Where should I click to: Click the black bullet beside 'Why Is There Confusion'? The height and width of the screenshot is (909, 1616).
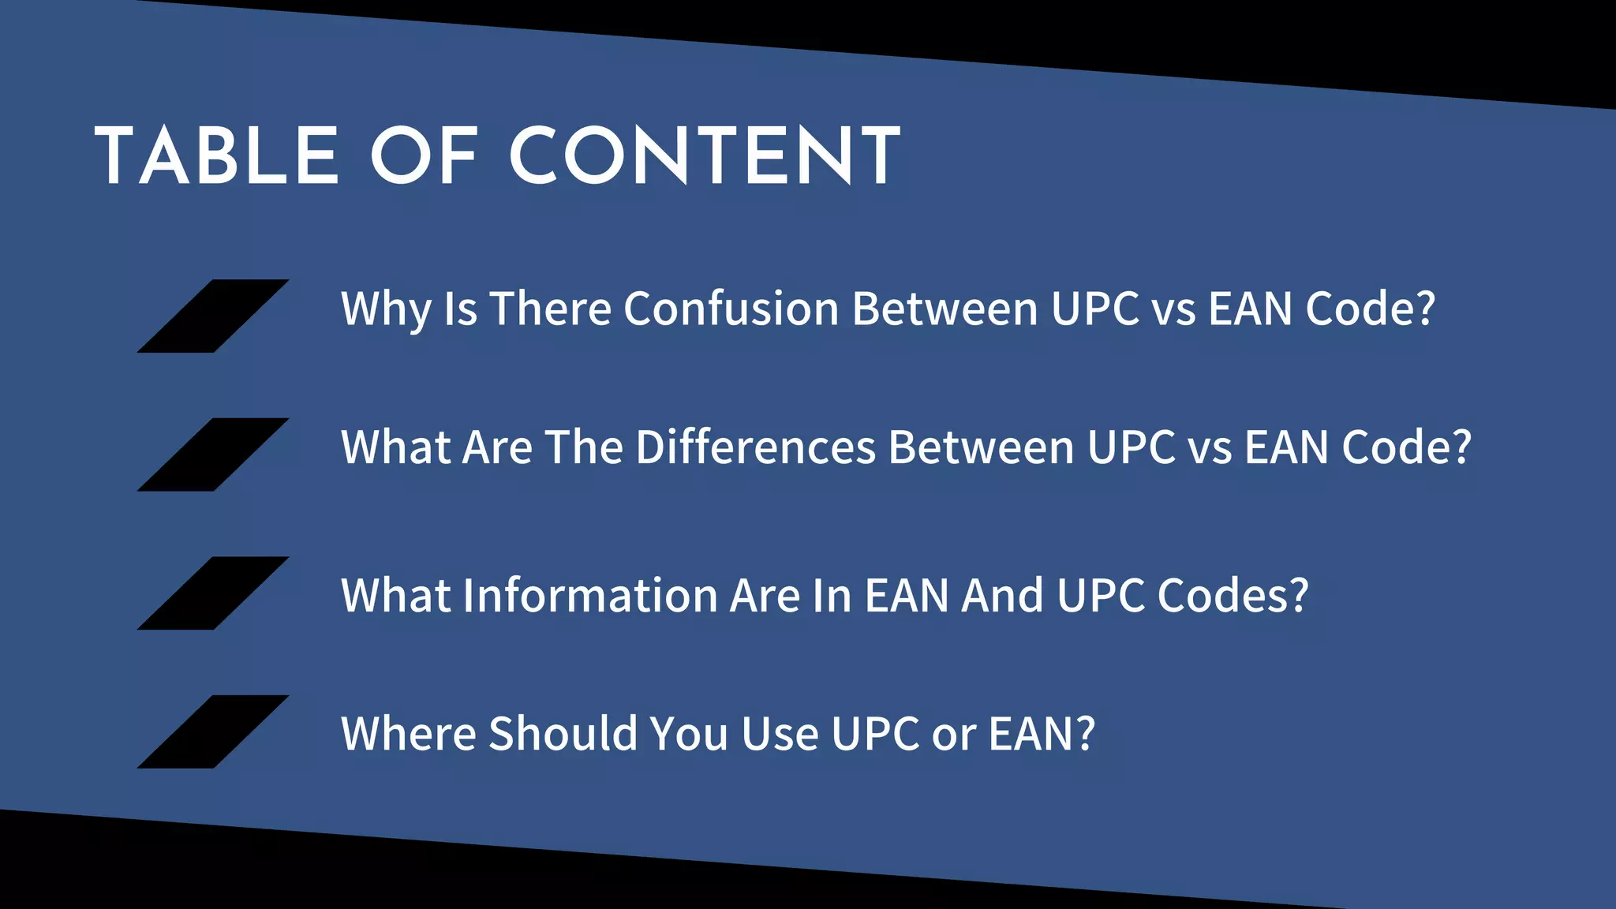coord(213,316)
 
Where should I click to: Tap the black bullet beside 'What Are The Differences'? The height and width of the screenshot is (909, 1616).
coord(213,454)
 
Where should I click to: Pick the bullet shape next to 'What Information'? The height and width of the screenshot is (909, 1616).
coord(213,593)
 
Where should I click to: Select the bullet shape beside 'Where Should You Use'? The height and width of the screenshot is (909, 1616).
coord(213,731)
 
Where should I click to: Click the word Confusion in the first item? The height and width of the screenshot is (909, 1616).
coord(731,309)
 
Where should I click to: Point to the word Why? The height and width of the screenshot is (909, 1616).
coord(386,309)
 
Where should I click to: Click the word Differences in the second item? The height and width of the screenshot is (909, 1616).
coord(756,447)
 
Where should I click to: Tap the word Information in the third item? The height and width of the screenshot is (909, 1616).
coord(589,596)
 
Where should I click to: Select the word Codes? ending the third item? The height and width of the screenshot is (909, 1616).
coord(1233,596)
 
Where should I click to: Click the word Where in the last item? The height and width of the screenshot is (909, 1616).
coord(408,734)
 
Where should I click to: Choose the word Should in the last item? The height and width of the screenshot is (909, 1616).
coord(563,734)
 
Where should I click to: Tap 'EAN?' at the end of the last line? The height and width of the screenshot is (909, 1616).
coord(1042,734)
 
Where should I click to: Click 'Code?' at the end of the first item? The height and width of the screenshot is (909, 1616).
coord(1370,309)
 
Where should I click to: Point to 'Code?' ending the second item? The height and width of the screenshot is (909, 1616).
coord(1406,447)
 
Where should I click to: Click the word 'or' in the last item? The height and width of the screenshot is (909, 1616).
coord(953,734)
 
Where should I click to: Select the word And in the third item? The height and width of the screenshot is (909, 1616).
coord(1002,596)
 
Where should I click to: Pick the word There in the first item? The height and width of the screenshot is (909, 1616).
coord(550,309)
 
